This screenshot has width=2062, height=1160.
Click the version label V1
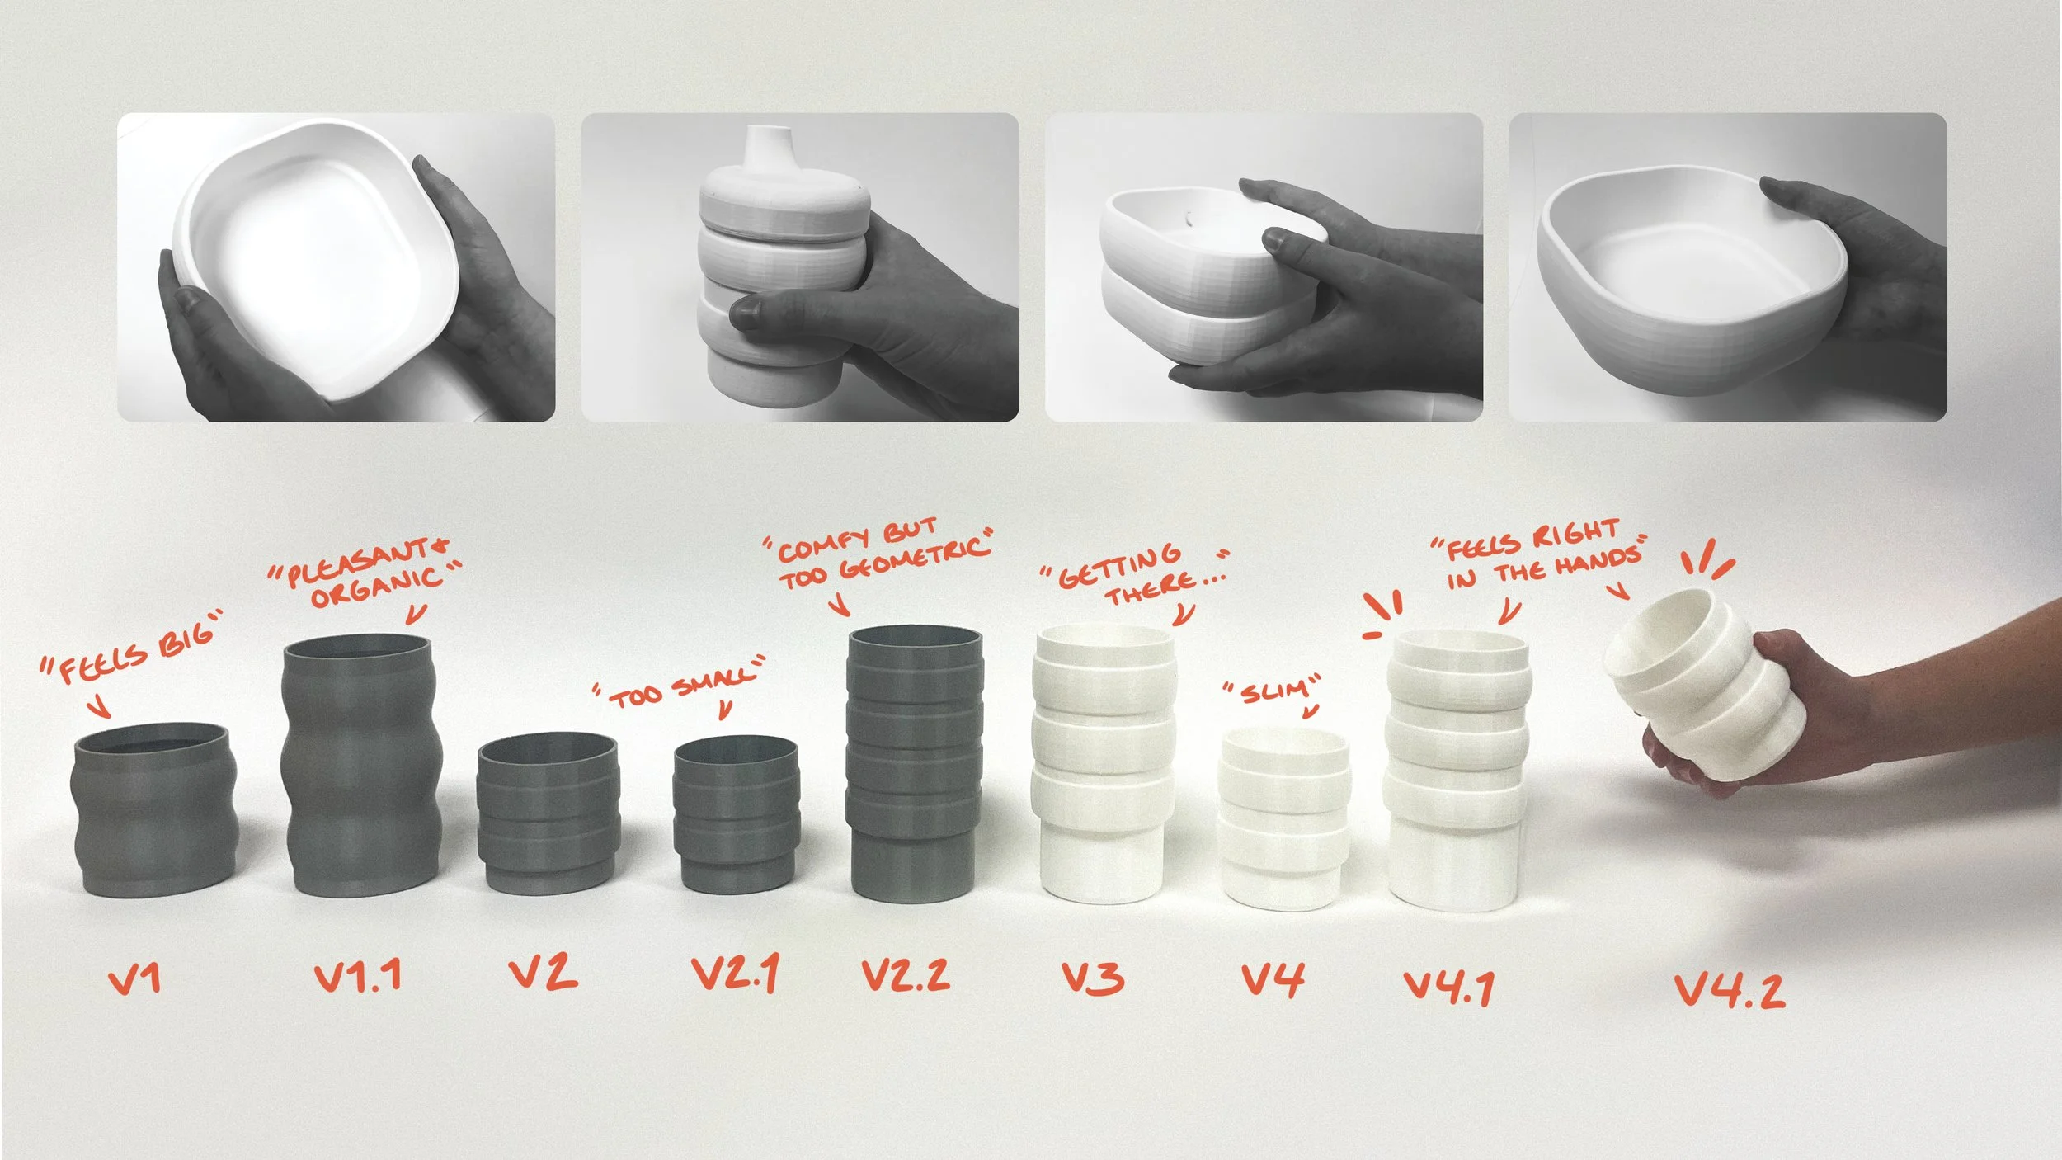[134, 979]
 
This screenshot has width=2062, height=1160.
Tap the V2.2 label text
[906, 975]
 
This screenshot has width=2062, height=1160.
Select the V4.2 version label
[1730, 989]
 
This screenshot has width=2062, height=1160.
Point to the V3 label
[1093, 978]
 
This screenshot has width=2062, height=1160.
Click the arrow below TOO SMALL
[726, 710]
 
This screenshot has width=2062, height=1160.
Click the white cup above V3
[1104, 763]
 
